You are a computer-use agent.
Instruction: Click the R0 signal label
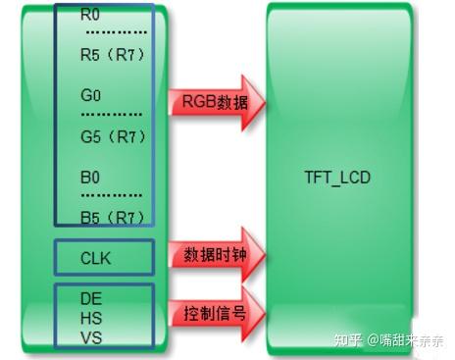[90, 16]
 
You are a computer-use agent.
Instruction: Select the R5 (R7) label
[113, 55]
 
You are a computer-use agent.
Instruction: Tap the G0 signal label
[90, 97]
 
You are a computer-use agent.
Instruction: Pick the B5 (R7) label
[113, 216]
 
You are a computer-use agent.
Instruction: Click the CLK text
[96, 259]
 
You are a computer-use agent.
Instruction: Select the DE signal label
[91, 296]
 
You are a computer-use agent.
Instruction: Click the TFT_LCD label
[337, 180]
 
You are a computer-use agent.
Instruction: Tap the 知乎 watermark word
[348, 340]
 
